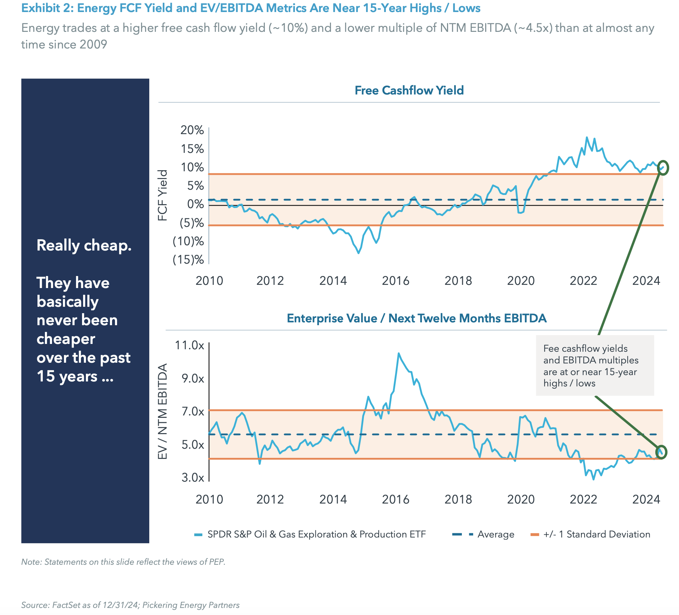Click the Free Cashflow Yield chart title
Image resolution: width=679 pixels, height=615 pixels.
(409, 91)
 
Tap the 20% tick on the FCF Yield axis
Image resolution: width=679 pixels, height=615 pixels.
(192, 130)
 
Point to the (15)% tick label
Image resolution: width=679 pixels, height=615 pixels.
(188, 260)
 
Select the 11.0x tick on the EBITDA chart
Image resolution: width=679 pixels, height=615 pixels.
(190, 345)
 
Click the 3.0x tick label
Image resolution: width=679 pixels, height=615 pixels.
(193, 477)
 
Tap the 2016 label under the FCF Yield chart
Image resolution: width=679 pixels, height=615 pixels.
(395, 281)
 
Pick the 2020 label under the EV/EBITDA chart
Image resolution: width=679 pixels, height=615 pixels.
(521, 499)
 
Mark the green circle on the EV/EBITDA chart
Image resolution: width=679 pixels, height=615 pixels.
(661, 452)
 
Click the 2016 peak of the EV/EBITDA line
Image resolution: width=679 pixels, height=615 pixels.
(399, 353)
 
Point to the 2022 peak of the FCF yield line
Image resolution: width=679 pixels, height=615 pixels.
(587, 137)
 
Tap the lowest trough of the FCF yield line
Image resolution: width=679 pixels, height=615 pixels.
(359, 253)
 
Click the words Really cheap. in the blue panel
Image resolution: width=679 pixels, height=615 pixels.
(84, 245)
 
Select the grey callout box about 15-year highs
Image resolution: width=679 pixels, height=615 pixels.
(594, 366)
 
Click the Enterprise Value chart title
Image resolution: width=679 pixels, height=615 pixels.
(417, 318)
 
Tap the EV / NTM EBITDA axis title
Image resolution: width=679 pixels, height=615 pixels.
(162, 412)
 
